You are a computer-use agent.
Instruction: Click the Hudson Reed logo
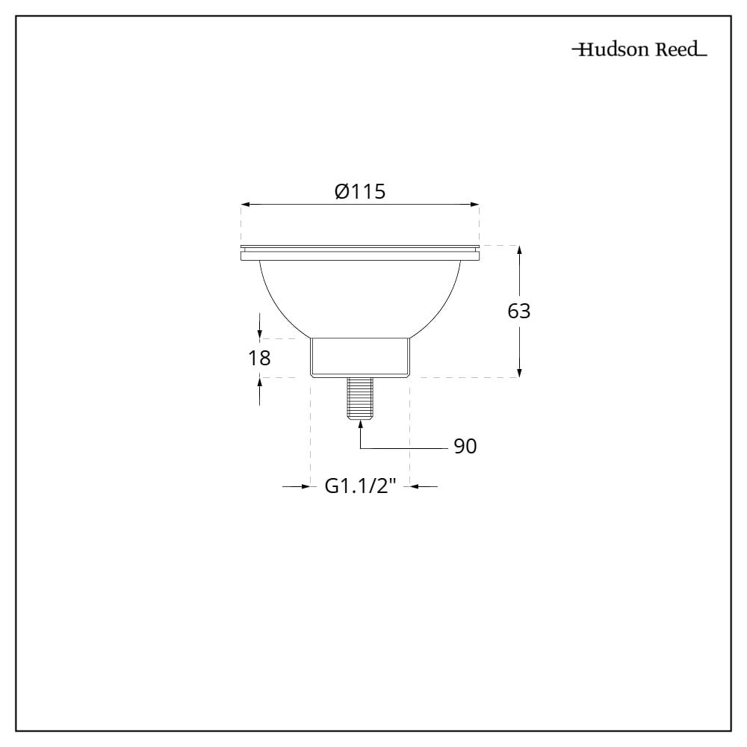(x=639, y=50)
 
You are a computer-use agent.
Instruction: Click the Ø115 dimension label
(x=360, y=192)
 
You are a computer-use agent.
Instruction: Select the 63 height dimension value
(x=519, y=311)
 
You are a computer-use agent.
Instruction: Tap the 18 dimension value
(x=259, y=358)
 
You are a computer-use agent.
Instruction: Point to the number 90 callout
(x=465, y=447)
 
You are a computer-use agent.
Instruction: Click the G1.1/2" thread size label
(x=360, y=486)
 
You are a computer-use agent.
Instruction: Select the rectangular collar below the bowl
(x=360, y=357)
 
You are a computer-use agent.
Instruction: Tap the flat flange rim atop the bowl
(x=360, y=253)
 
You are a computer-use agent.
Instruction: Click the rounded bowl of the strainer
(x=360, y=295)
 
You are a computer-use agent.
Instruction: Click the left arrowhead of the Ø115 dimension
(x=246, y=204)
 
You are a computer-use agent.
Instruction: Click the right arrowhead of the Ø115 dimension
(x=474, y=204)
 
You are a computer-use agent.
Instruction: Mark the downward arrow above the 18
(x=259, y=333)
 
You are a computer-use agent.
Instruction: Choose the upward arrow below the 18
(x=259, y=382)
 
